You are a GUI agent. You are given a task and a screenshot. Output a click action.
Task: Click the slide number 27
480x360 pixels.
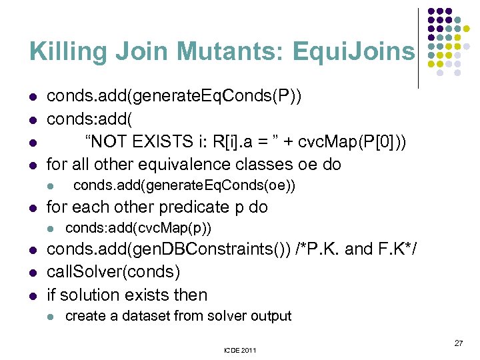[x=458, y=343]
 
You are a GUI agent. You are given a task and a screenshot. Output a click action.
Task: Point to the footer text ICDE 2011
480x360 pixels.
[x=240, y=349]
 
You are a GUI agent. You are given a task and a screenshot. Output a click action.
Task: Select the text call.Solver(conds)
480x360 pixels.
[x=113, y=273]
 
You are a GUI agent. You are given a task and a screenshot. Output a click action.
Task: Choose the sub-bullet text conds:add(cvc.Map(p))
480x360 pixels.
[x=138, y=229]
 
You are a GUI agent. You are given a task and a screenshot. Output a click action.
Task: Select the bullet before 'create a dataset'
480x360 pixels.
[x=50, y=317]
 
